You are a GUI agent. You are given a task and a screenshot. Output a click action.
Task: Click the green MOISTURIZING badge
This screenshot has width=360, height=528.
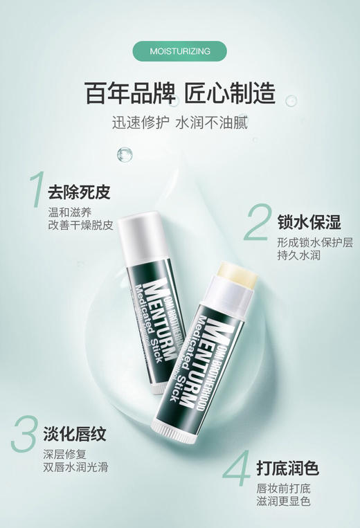pos(179,51)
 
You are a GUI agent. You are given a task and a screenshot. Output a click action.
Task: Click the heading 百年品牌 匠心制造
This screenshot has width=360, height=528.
pos(180,93)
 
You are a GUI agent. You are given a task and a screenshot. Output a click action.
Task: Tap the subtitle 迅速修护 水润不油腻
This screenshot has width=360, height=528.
pos(180,124)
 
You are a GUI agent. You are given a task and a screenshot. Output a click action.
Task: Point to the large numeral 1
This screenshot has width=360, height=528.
pos(35,188)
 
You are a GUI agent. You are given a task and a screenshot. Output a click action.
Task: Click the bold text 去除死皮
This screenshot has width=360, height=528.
pos(79,192)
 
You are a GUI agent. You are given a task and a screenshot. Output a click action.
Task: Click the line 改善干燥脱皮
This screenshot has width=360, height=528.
pos(80,225)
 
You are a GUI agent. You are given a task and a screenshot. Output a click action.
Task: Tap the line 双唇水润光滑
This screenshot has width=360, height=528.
pos(75,467)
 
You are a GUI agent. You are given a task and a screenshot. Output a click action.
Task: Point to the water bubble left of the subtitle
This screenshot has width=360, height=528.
pos(125,154)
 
